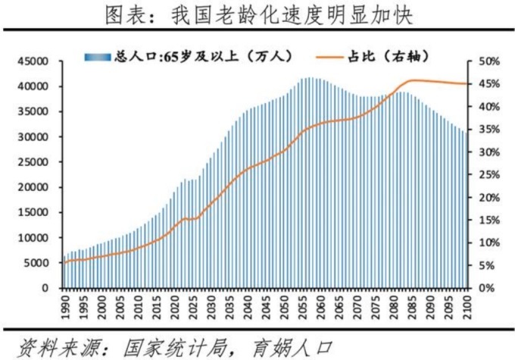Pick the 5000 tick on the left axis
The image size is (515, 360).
pos(36,263)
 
